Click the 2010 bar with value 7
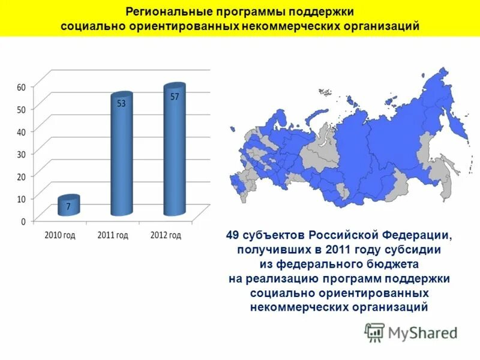[x=68, y=206]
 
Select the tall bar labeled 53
[x=121, y=156]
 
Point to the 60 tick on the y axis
[x=21, y=87]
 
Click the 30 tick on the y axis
[x=21, y=154]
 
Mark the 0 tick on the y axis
[x=23, y=221]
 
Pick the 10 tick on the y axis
[x=21, y=199]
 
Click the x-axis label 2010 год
[x=60, y=235]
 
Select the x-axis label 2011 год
[x=113, y=235]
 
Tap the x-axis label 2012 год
[x=166, y=235]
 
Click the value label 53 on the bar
[x=121, y=103]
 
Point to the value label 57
[x=175, y=96]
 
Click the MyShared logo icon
[x=374, y=332]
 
